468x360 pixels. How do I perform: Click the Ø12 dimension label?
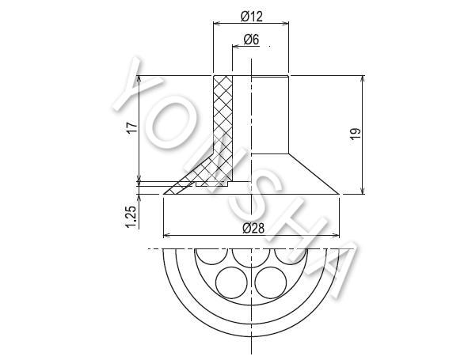pyautogui.click(x=251, y=16)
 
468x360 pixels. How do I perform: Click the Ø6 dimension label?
pyautogui.click(x=251, y=40)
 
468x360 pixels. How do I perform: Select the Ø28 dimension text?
pyautogui.click(x=253, y=229)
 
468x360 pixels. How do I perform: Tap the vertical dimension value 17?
pyautogui.click(x=132, y=127)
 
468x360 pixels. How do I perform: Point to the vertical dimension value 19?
pyautogui.click(x=356, y=134)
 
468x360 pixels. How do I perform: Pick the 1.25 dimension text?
pyautogui.click(x=131, y=217)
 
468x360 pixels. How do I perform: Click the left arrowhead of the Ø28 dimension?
pyautogui.click(x=166, y=236)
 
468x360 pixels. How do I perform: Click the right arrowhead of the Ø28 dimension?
pyautogui.click(x=336, y=236)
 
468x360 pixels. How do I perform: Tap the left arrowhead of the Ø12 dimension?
pyautogui.click(x=216, y=23)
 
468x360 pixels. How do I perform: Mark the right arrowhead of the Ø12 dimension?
pyautogui.click(x=285, y=23)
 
